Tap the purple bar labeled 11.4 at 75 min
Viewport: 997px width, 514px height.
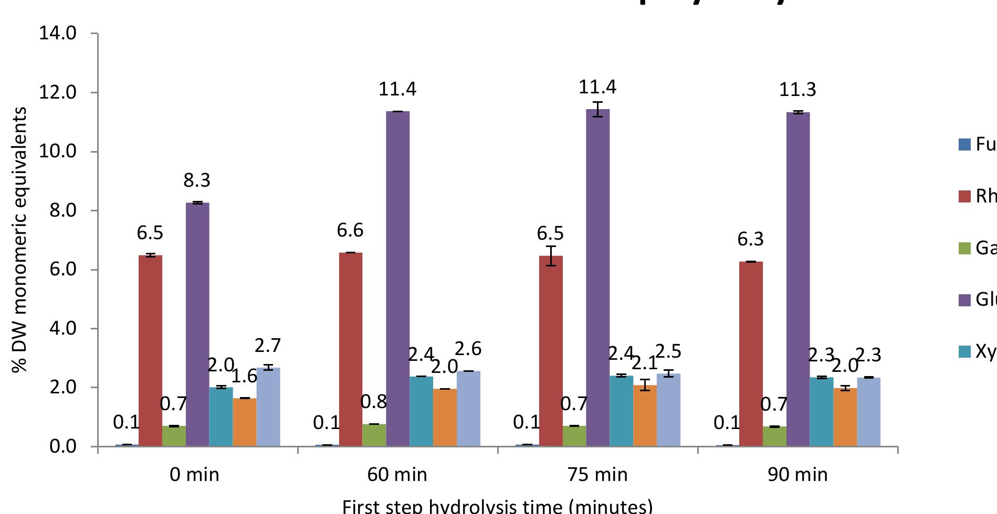click(x=598, y=277)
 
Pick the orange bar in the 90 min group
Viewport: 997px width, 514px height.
click(x=845, y=417)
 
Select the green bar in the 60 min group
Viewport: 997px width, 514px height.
click(x=374, y=435)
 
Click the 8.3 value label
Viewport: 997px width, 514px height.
click(x=197, y=180)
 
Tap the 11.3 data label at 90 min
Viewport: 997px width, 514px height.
click(x=797, y=90)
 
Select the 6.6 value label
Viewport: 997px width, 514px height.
click(x=350, y=230)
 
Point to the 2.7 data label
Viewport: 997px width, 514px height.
click(x=268, y=346)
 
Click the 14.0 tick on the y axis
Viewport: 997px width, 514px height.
click(x=58, y=34)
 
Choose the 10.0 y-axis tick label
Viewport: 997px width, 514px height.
click(x=58, y=152)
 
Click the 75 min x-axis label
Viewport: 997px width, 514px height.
click(x=597, y=475)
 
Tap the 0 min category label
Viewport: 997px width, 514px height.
click(x=195, y=475)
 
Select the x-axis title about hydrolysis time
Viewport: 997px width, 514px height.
click(x=497, y=507)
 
